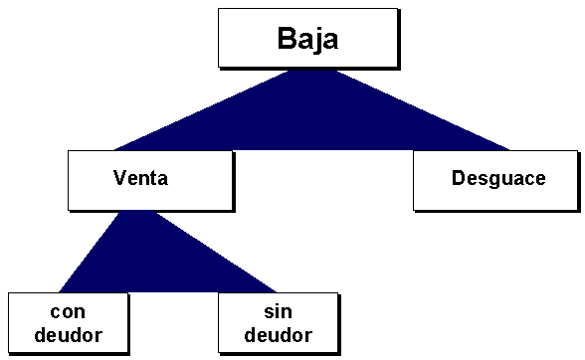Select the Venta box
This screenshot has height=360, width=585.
(x=149, y=179)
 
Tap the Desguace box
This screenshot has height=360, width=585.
(x=494, y=180)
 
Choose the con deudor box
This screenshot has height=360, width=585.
(x=68, y=322)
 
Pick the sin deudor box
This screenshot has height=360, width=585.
(x=278, y=322)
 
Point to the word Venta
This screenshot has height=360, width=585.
(x=140, y=179)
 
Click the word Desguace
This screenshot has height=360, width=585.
(x=498, y=179)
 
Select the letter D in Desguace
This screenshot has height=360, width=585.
(x=458, y=179)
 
